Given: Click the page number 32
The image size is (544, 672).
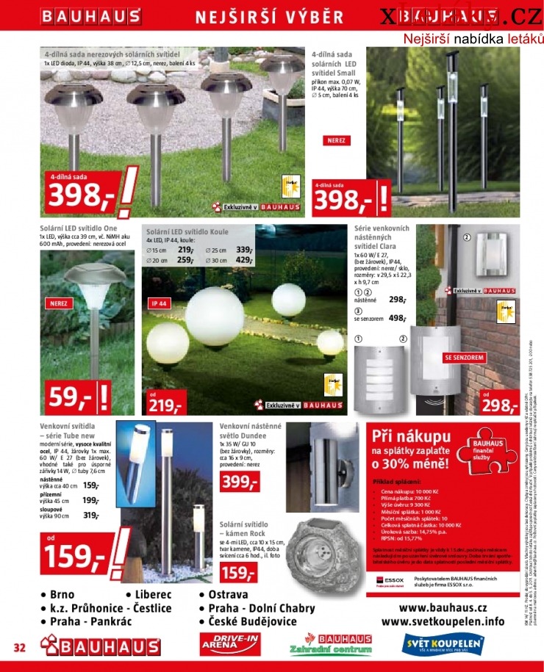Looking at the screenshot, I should coord(20,647).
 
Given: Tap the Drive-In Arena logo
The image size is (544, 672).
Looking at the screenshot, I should coord(231,644).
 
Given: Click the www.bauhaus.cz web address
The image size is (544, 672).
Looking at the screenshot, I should coord(443,608).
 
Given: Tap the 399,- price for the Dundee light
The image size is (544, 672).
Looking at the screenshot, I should coord(239,482).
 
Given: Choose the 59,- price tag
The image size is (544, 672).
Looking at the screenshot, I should coord(70,397).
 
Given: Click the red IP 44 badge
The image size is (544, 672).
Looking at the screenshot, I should coord(160,303).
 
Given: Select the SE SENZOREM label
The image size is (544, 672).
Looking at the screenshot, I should coord(464,358).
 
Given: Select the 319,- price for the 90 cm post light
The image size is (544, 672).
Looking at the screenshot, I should coord(91,516).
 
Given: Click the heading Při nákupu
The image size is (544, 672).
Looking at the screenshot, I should coord(411,436).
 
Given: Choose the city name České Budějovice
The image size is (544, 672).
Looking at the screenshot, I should coord(253,621).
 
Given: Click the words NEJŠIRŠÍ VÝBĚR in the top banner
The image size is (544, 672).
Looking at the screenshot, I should coord(270,17).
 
